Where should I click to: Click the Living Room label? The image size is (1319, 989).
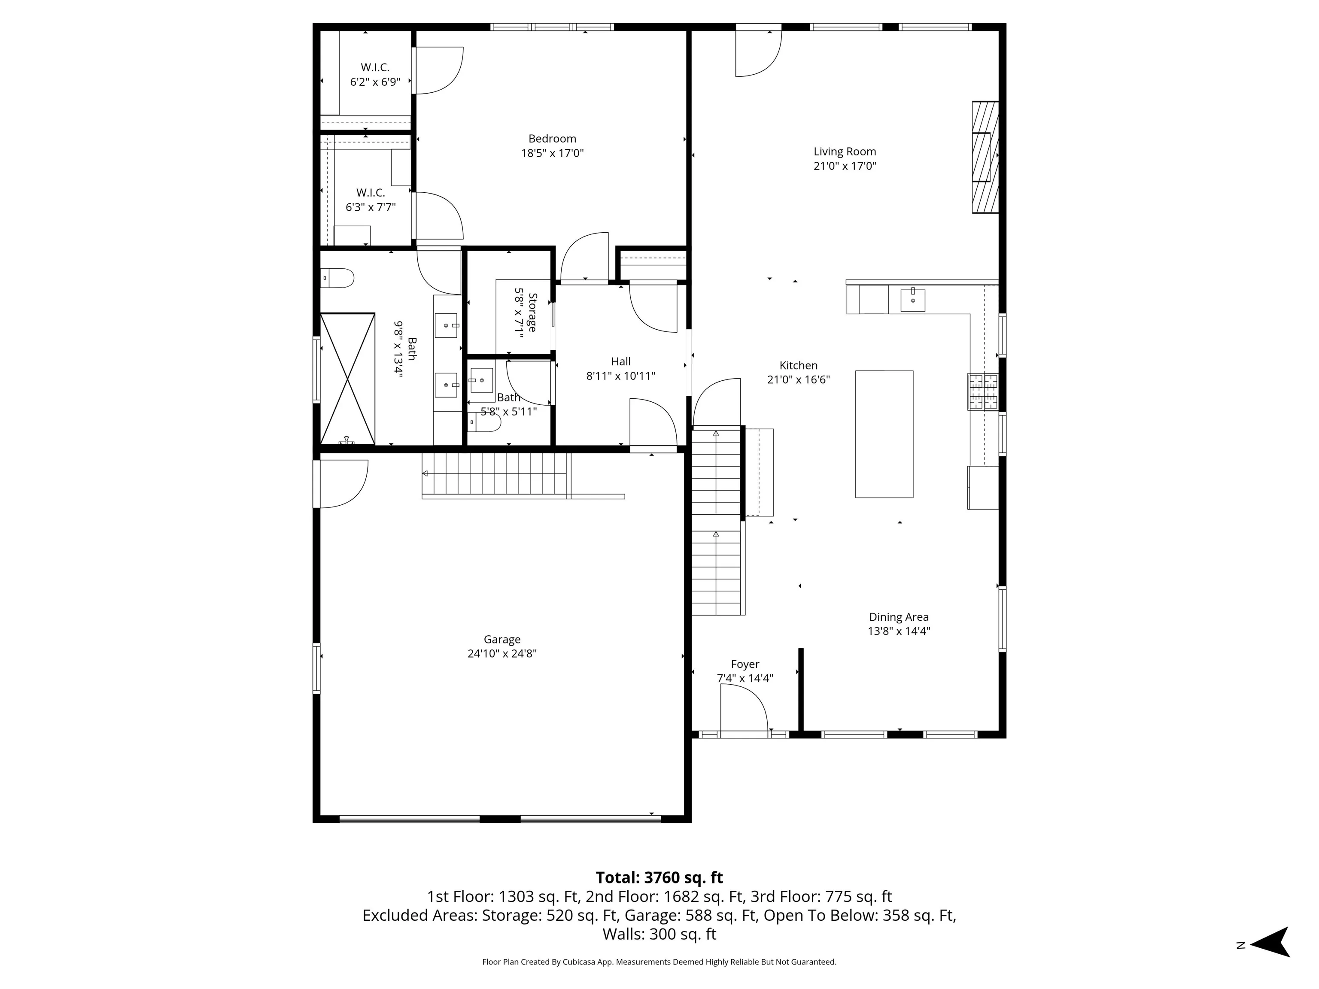845,152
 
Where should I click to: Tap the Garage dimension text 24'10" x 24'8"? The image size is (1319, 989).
502,653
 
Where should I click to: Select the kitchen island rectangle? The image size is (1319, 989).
884,434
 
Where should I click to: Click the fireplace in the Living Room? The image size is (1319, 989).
985,158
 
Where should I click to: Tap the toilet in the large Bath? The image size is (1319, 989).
337,278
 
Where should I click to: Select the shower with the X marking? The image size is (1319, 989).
348,379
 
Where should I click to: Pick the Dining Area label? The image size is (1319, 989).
899,617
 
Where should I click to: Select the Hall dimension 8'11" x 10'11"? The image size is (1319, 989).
621,376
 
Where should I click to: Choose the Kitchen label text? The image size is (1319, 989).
799,365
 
